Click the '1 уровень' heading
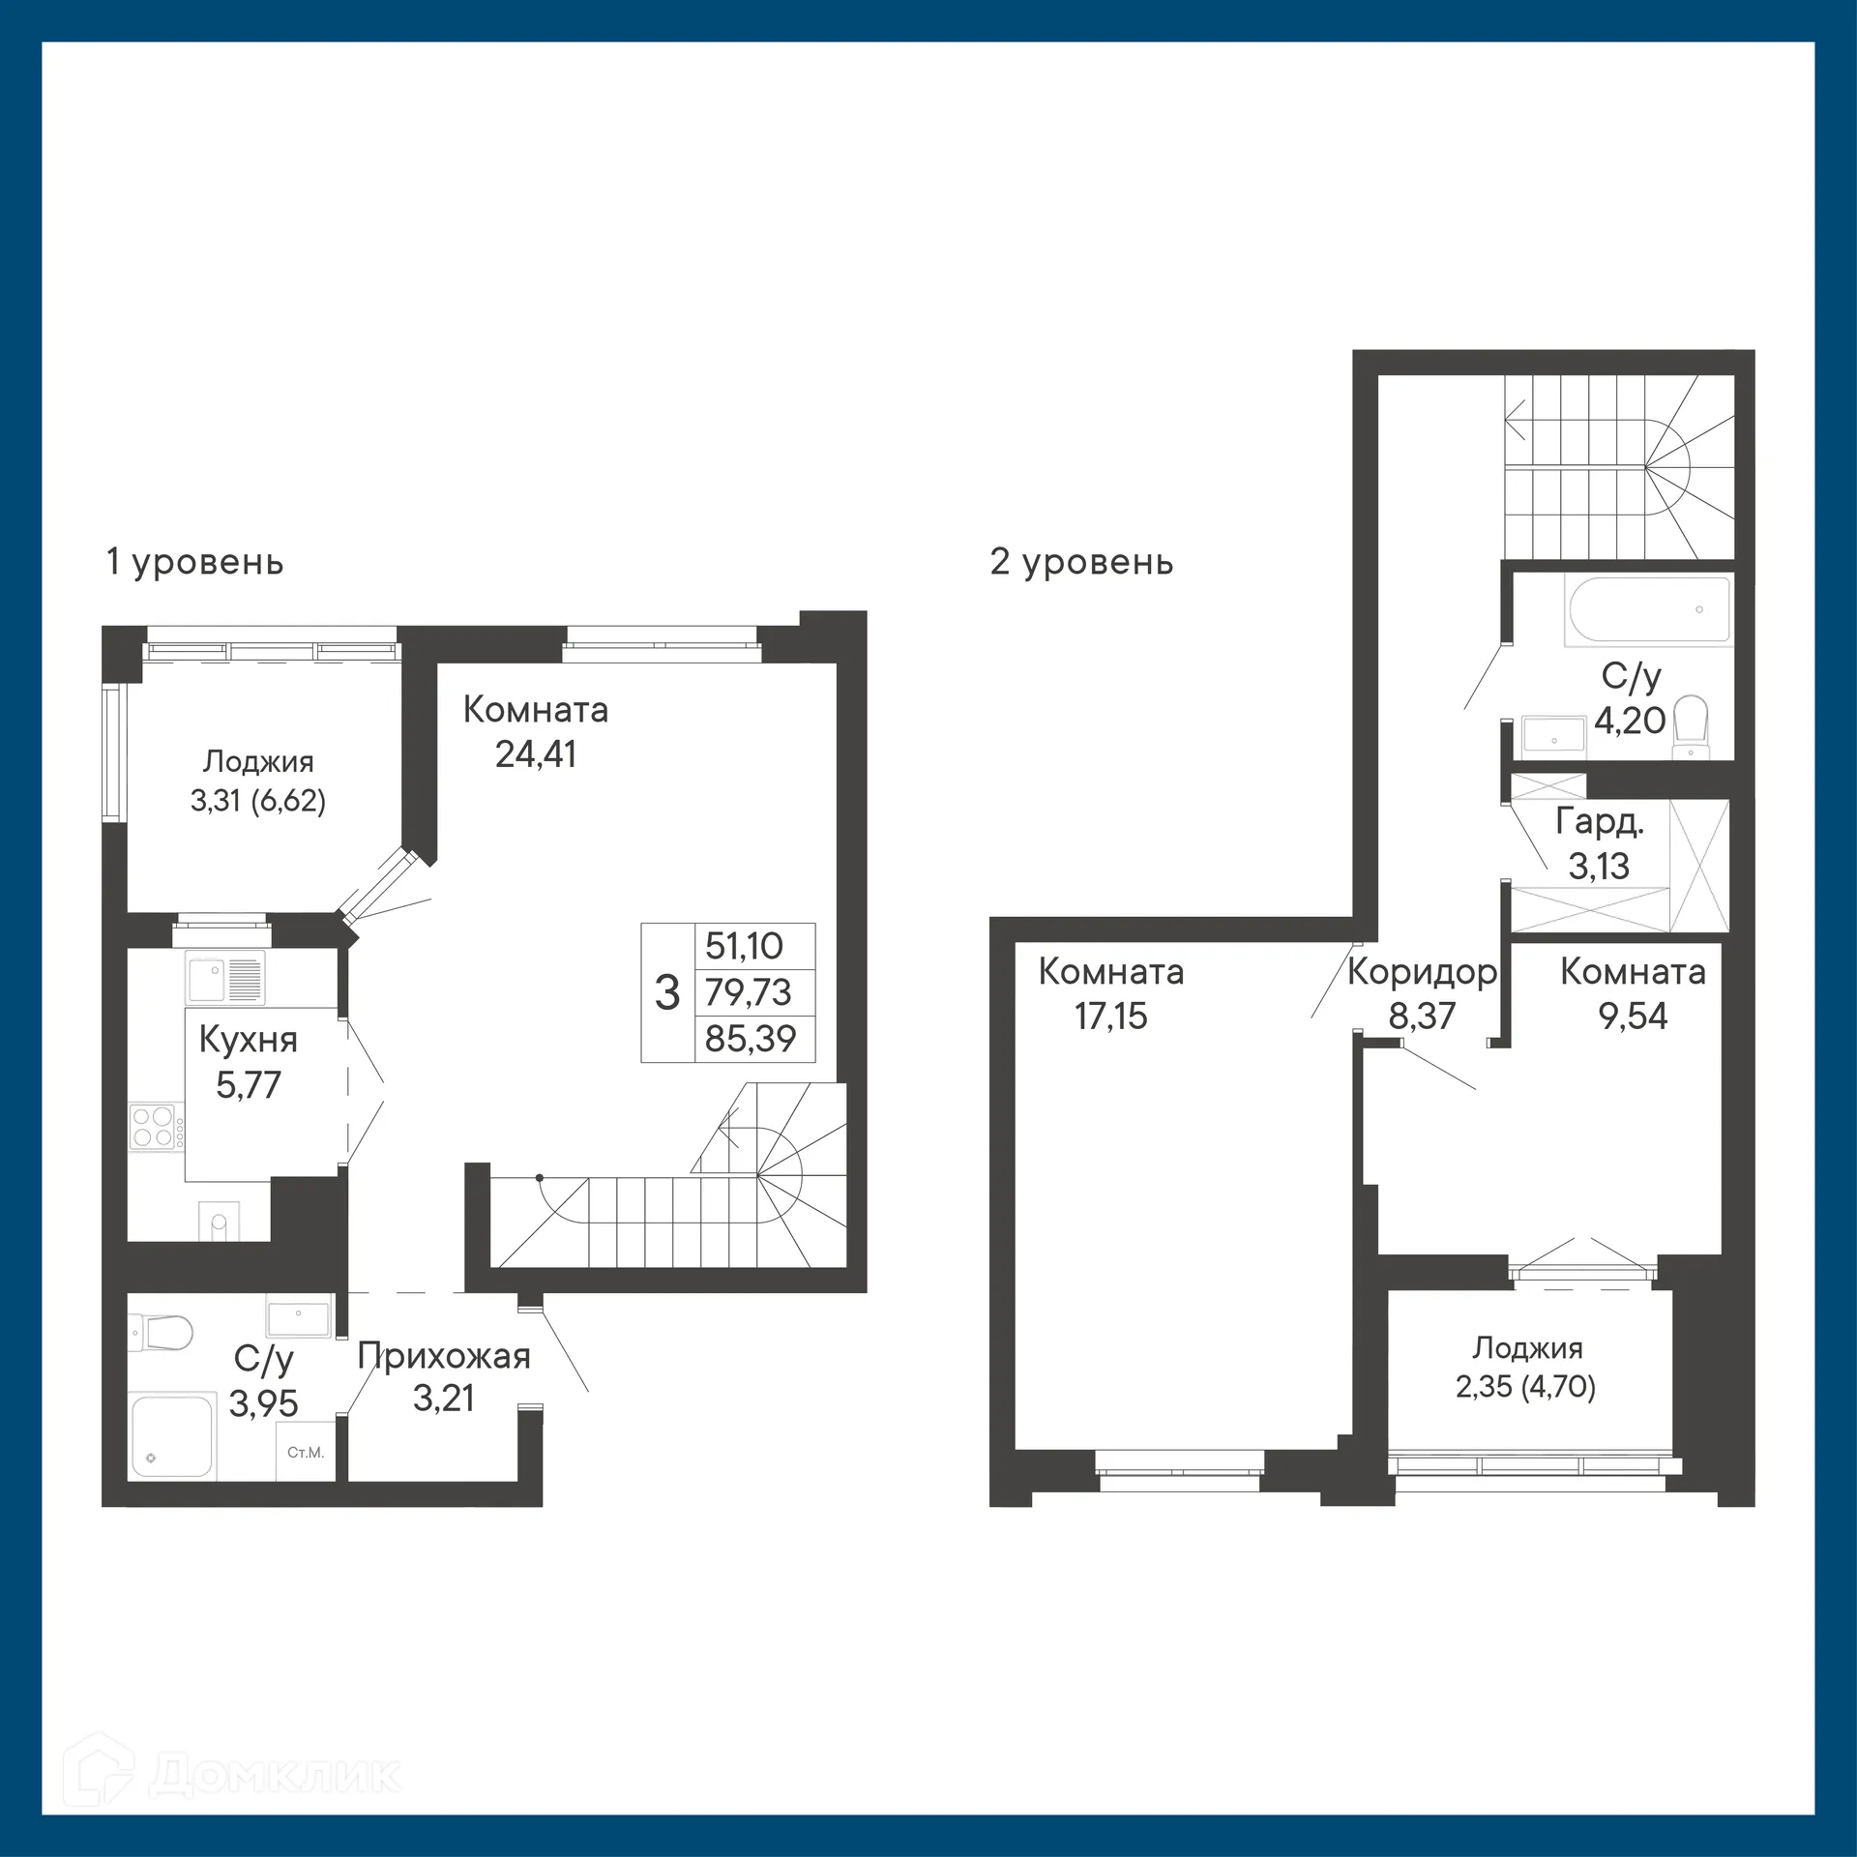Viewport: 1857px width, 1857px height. coord(194,562)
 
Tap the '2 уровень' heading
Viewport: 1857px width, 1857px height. coord(1081,562)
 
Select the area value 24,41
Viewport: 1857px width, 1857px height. coord(536,754)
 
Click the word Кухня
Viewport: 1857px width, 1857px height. coord(248,1040)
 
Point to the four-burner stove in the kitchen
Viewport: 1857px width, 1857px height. coord(154,1126)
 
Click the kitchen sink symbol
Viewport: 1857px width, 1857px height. coord(224,979)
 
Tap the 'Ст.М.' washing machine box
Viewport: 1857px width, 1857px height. coord(306,1452)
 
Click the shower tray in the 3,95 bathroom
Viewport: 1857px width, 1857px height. coord(172,1436)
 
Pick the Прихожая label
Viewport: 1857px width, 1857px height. coord(444,1356)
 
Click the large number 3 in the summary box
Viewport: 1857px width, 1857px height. coord(667,992)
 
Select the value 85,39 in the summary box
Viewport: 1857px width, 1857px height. coord(751,1039)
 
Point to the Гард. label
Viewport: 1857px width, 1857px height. coord(1600,822)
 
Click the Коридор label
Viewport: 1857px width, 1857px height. coord(1422,972)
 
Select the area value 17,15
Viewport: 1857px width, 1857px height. coord(1110,1017)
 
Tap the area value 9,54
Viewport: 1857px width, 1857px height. coord(1633,1017)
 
